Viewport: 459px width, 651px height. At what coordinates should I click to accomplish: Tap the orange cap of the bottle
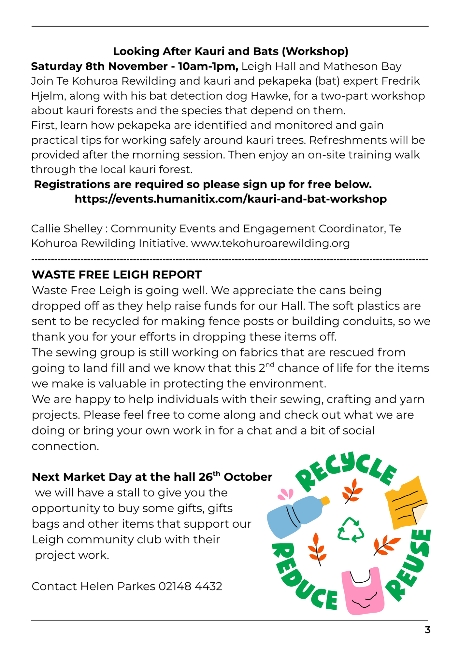tap(325, 501)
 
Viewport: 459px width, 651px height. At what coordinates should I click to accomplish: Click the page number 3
tap(427, 630)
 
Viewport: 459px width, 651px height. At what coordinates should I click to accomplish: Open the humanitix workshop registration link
tap(231, 199)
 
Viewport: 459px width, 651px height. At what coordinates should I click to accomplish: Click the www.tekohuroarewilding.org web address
tap(270, 243)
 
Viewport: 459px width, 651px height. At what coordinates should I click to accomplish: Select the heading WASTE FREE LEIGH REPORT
tap(117, 274)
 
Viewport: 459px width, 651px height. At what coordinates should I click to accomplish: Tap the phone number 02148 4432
tap(190, 586)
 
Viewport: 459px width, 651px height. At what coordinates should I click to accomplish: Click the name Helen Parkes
tap(118, 586)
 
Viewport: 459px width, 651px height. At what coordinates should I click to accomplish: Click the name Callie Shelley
tap(67, 229)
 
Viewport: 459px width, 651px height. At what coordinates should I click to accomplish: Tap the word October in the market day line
tap(248, 477)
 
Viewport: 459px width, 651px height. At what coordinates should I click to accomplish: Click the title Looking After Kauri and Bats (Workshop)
tap(231, 51)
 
